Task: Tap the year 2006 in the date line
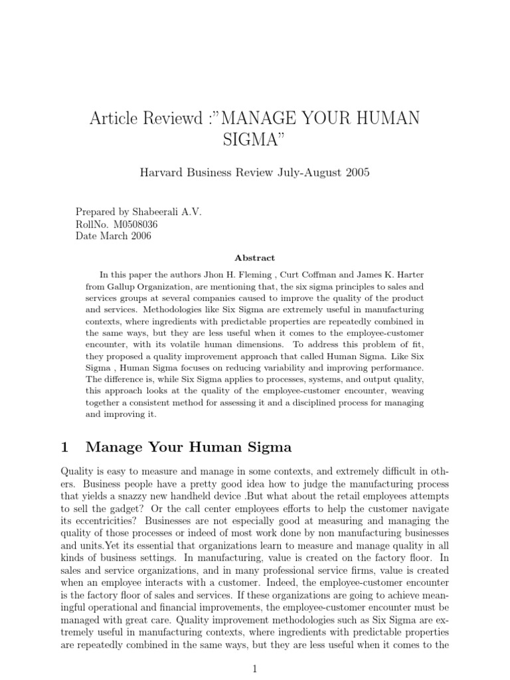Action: pyautogui.click(x=139, y=236)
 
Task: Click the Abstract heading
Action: pyautogui.click(x=254, y=258)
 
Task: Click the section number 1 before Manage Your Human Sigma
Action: pyautogui.click(x=64, y=447)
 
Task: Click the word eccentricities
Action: pyautogui.click(x=104, y=521)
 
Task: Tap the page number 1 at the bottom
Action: pyautogui.click(x=254, y=670)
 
